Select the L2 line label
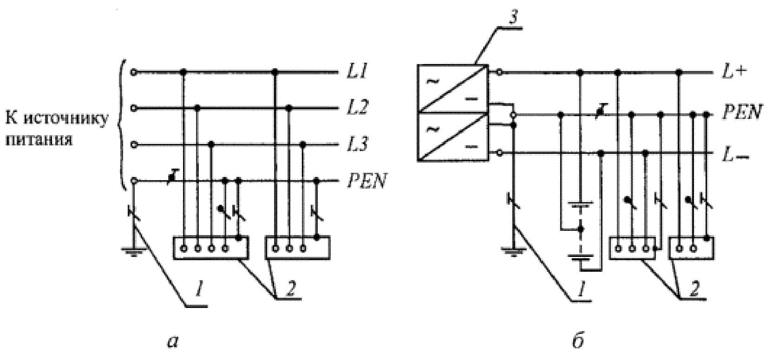click(x=358, y=107)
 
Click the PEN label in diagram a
click(x=366, y=181)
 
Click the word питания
click(x=39, y=140)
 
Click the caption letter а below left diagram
click(x=172, y=341)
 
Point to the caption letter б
click(x=578, y=340)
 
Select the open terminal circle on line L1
click(x=133, y=72)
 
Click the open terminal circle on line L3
click(x=134, y=144)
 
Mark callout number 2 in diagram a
click(x=290, y=289)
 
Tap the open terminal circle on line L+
click(x=499, y=72)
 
